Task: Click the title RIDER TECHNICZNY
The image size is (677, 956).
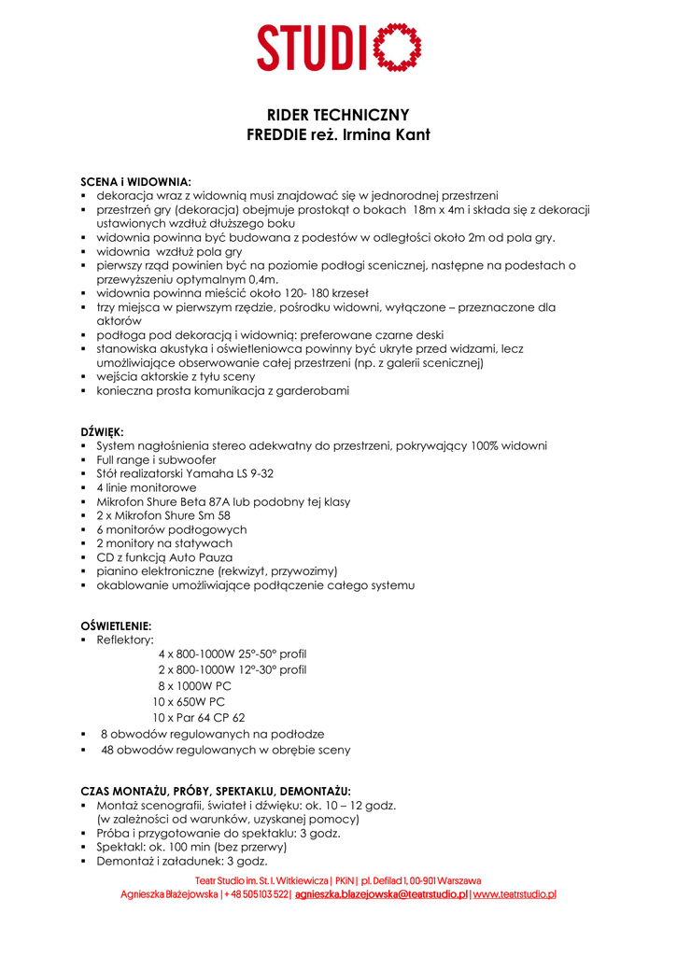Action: pyautogui.click(x=338, y=115)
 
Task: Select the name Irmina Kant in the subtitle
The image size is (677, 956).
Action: pyautogui.click(x=387, y=134)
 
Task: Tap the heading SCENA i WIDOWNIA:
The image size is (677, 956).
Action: pyautogui.click(x=136, y=181)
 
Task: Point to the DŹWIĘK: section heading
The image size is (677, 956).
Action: pyautogui.click(x=103, y=431)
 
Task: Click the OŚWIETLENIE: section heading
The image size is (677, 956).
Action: pyautogui.click(x=116, y=626)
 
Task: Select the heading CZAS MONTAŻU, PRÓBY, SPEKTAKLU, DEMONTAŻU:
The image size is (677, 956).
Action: pyautogui.click(x=216, y=790)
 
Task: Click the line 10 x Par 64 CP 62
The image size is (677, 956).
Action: pyautogui.click(x=199, y=717)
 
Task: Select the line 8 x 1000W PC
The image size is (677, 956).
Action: pyautogui.click(x=194, y=685)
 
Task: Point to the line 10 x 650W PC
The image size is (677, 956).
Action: pyautogui.click(x=189, y=701)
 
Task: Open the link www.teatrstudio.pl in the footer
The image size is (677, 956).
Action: pyautogui.click(x=515, y=893)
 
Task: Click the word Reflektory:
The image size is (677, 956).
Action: pyautogui.click(x=125, y=640)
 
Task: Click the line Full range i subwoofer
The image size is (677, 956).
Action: pyautogui.click(x=156, y=459)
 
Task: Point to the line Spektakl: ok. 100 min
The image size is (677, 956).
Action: pyautogui.click(x=190, y=847)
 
